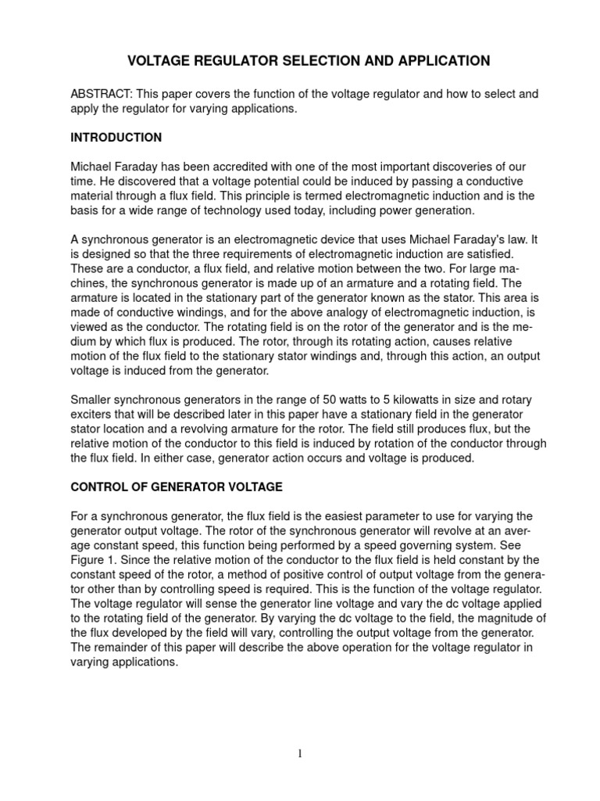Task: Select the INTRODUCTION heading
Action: [x=116, y=138]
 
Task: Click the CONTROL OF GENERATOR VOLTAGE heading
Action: [x=177, y=487]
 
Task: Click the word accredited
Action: [x=237, y=167]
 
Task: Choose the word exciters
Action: [x=95, y=414]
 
